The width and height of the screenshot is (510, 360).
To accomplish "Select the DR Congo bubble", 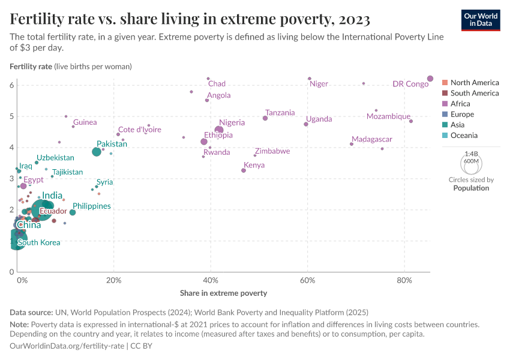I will [x=430, y=79].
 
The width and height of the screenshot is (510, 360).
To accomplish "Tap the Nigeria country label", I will [x=232, y=122].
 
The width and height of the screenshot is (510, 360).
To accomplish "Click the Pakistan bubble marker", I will [x=97, y=152].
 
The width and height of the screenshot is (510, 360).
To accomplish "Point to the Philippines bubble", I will [x=73, y=212].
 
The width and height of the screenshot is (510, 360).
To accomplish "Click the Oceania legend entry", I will [x=465, y=136].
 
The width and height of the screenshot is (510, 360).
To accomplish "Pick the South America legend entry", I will [x=474, y=93].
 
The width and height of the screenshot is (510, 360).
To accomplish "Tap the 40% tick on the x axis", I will [x=211, y=281].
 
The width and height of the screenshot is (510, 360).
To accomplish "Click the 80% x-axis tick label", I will [x=404, y=281].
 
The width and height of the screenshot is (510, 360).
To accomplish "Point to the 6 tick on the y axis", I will [x=11, y=85].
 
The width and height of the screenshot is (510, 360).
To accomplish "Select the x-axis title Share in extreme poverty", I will [x=223, y=293].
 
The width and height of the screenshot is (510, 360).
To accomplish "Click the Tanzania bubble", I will [x=265, y=118].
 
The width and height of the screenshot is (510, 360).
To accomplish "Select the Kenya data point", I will [x=244, y=170].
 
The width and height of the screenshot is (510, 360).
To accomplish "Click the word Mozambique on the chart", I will [x=388, y=116].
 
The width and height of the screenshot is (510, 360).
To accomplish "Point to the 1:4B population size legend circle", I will [x=471, y=163].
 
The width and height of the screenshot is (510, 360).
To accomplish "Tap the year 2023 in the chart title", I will [x=354, y=20].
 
